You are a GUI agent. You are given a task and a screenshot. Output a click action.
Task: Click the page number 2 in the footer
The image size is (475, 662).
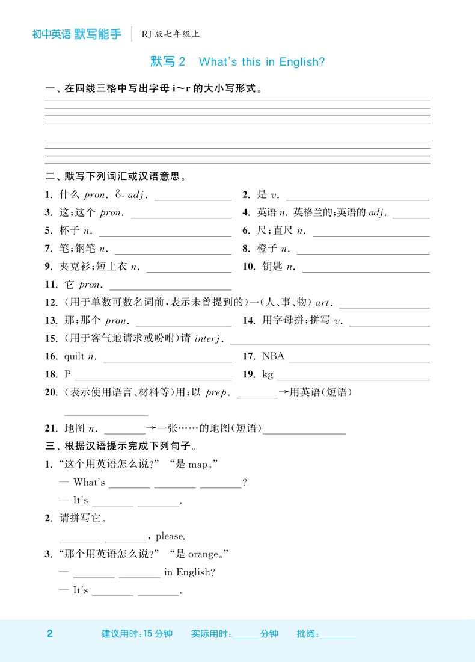(50, 634)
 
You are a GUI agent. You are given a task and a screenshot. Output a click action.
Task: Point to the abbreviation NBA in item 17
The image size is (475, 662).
(273, 357)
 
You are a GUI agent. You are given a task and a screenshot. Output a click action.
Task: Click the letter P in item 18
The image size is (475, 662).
(67, 375)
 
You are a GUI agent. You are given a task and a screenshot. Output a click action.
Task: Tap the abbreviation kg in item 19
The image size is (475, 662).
(268, 375)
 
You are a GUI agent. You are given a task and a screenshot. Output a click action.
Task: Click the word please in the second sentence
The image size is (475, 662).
(170, 536)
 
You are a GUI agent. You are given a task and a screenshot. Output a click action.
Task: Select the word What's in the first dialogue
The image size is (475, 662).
(89, 482)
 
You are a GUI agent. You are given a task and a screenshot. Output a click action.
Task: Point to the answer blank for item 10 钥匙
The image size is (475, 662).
(366, 267)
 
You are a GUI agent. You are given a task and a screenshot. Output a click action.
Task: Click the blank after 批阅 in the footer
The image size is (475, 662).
(338, 634)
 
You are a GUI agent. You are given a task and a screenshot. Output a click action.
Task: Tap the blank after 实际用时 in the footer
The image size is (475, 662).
(245, 634)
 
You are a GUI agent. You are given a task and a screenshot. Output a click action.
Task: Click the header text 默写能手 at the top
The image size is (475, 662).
(97, 34)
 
